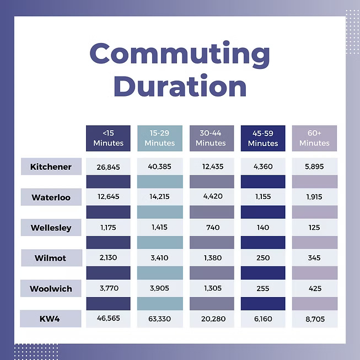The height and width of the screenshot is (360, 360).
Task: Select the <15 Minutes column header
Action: (108, 138)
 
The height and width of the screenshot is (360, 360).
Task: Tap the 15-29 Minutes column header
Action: (159, 138)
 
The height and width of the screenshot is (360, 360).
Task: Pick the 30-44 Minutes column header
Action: (211, 138)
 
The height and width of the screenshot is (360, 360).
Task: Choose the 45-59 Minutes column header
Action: (263, 138)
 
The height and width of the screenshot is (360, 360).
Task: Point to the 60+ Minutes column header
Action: (314, 138)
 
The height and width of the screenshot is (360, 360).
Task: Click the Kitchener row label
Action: (51, 166)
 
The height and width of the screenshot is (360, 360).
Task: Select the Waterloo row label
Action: (51, 197)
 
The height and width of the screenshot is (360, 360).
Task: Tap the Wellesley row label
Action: (51, 227)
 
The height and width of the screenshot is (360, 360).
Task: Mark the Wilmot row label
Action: (51, 257)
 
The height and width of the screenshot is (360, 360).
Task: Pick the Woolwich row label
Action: (51, 288)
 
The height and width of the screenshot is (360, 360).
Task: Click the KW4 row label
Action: (51, 319)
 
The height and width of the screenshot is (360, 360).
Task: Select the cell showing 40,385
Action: (159, 166)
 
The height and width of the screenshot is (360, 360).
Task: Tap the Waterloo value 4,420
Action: (211, 197)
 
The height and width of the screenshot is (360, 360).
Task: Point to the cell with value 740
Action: (211, 227)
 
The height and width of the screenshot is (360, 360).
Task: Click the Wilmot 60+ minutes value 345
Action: (314, 257)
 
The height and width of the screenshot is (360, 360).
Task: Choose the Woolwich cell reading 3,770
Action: (108, 288)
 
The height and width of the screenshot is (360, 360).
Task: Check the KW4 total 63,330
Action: (159, 319)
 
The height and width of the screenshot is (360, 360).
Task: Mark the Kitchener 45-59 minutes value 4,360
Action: (263, 166)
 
